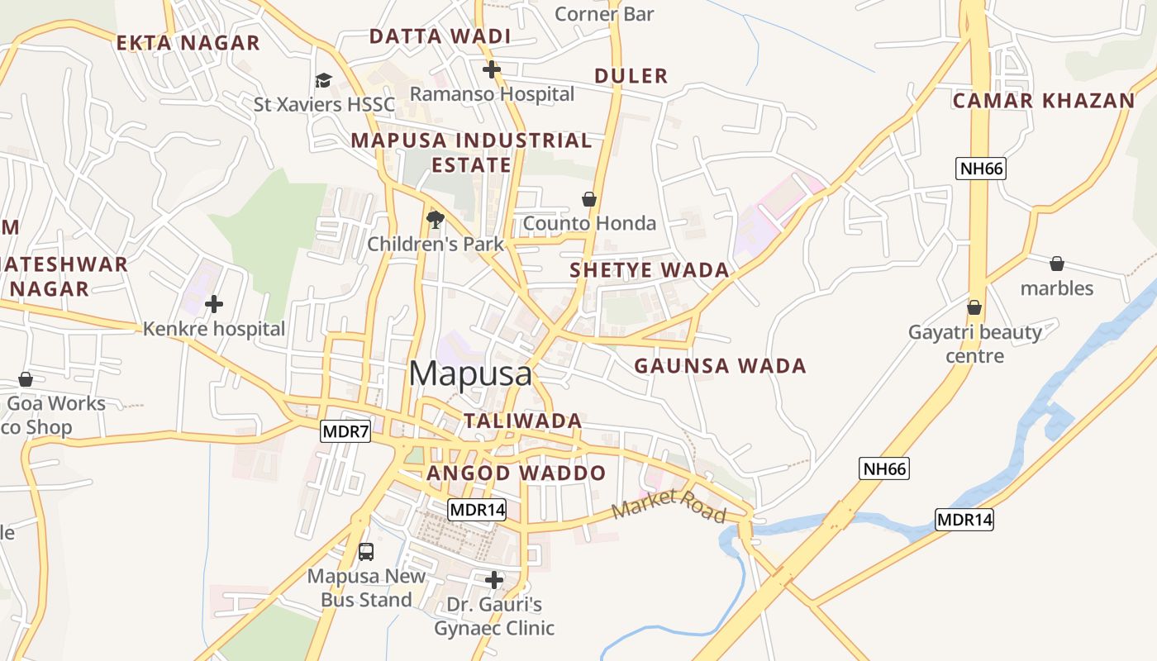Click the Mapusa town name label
(x=470, y=373)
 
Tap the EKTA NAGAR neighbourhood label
(x=188, y=43)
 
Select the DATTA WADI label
(x=440, y=36)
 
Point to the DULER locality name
(x=631, y=76)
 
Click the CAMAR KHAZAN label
(x=1044, y=101)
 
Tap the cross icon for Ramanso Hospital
(x=492, y=69)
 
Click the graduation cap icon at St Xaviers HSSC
(x=323, y=80)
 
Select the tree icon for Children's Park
(x=436, y=219)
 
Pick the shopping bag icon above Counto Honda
(x=589, y=199)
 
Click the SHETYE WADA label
(x=650, y=270)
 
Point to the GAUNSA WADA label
(x=720, y=366)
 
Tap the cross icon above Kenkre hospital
(x=214, y=304)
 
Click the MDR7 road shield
(x=345, y=430)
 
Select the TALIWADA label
(x=522, y=421)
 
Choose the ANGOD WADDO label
(x=516, y=473)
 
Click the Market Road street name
(x=669, y=506)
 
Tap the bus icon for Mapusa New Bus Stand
(x=366, y=551)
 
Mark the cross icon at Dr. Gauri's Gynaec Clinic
(x=494, y=580)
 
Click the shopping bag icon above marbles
(x=1056, y=264)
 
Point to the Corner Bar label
(x=604, y=14)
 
